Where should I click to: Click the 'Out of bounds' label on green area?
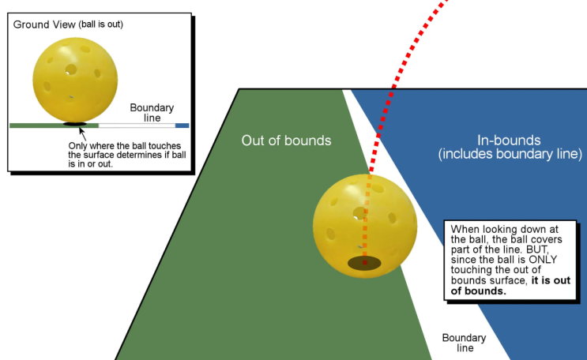[x=286, y=141]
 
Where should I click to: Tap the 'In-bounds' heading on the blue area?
[x=509, y=141]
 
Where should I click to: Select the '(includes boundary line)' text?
[x=510, y=154]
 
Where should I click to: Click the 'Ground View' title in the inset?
[x=44, y=24]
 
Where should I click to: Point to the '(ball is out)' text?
[x=100, y=24]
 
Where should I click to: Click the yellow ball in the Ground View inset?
[x=75, y=80]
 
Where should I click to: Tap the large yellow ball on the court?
[x=365, y=226]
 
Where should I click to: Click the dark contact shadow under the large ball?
[x=364, y=263]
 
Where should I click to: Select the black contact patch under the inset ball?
[x=75, y=124]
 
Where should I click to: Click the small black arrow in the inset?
[x=82, y=134]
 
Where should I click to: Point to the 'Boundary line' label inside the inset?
[x=152, y=113]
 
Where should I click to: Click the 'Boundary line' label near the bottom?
[x=465, y=343]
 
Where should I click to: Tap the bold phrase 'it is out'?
[x=551, y=280]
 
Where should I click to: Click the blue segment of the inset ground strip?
[x=182, y=126]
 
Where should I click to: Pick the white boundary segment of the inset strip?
[x=137, y=126]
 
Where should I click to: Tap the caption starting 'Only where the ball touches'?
[x=127, y=155]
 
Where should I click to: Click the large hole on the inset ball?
[x=71, y=69]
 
